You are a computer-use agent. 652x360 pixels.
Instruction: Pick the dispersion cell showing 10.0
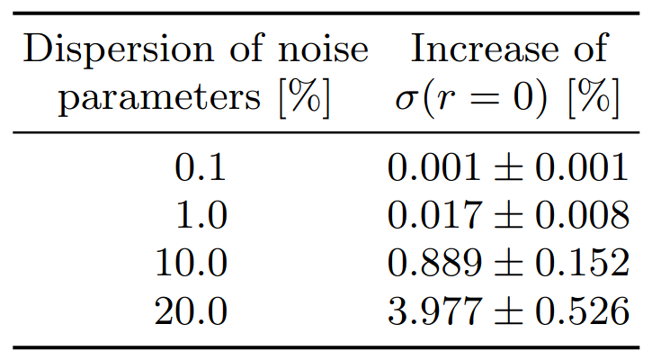191,264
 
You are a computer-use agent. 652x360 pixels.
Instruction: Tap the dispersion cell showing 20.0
191,311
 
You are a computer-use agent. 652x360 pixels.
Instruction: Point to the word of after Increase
589,49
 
